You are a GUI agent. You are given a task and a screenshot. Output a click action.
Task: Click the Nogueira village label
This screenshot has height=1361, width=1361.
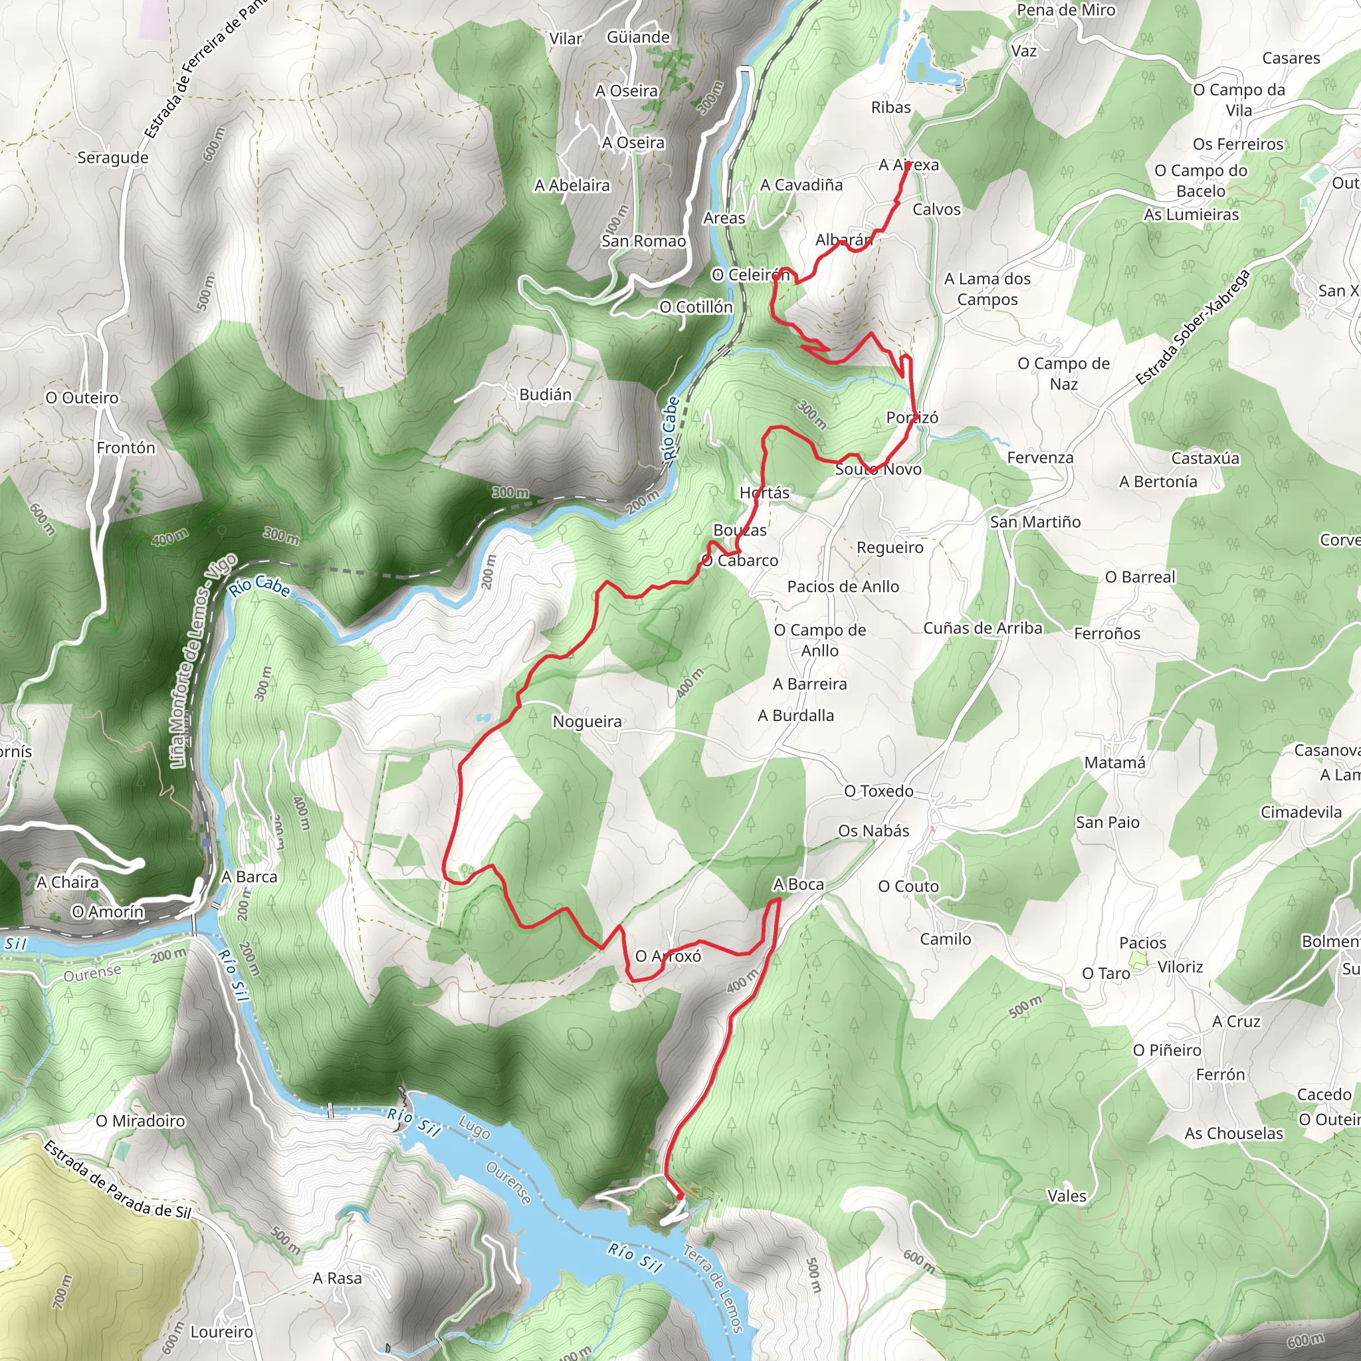pos(587,721)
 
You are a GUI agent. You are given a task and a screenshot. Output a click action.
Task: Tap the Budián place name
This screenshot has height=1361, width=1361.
pos(544,395)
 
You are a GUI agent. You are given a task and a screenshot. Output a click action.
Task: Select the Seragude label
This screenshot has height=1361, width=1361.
pos(113,157)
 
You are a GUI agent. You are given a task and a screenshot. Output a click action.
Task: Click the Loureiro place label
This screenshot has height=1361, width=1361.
pos(221,1331)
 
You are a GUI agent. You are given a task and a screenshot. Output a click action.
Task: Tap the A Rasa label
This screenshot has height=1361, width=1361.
pos(337,1278)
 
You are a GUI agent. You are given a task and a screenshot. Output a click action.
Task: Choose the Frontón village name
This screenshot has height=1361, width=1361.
pos(126,447)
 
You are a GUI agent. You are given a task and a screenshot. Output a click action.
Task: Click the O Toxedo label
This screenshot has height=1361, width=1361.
pos(879,791)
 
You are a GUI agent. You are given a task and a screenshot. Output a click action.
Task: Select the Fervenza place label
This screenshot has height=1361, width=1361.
pos(1040,458)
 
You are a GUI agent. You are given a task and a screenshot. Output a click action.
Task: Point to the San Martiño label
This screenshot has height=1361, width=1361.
pos(1035,522)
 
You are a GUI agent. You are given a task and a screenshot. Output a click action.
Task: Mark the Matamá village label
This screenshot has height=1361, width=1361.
pos(1114,762)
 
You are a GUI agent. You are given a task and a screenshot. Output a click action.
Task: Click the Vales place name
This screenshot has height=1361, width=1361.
pos(1067,1196)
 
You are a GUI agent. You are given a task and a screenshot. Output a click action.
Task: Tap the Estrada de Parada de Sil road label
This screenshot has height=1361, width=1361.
pos(117,1180)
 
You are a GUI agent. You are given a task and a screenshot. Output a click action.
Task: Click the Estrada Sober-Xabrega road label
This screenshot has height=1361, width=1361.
pos(1192,328)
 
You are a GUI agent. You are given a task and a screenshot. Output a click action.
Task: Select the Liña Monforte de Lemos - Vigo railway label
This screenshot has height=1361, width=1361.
pos(202,662)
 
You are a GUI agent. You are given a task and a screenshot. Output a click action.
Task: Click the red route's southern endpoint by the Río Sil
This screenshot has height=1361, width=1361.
pos(680,1196)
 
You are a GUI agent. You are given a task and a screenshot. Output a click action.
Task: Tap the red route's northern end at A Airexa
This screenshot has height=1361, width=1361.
pos(908,164)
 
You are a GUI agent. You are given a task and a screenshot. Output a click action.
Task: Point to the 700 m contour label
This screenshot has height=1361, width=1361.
pos(62,1292)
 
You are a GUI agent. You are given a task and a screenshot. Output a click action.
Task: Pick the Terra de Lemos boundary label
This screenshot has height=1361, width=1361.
pos(712,1289)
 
